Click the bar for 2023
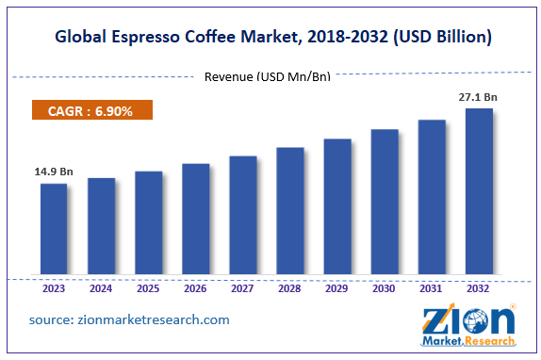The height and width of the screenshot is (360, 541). pos(54,230)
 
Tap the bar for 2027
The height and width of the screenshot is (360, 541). pos(243,216)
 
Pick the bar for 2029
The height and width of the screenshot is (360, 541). pos(337,207)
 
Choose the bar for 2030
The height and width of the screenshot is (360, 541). pos(385,203)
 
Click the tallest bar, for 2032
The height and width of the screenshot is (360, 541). pos(479,192)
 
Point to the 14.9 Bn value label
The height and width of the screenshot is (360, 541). pos(54,172)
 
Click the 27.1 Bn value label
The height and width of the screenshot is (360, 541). pos(479,96)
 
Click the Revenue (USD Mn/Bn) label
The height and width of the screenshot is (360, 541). pos(268,76)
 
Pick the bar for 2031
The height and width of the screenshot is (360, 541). pos(432,198)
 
